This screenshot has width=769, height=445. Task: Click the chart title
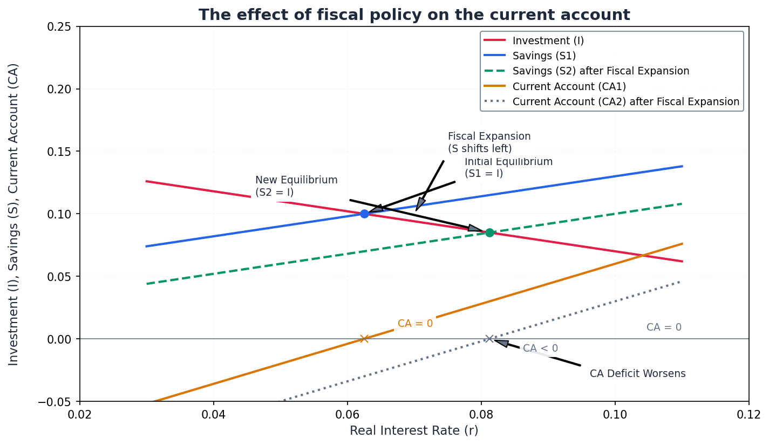pos(414,15)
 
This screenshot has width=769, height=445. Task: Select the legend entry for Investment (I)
pos(548,40)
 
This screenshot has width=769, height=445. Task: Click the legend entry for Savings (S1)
pos(544,56)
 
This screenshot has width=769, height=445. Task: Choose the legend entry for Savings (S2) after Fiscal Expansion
pos(601,71)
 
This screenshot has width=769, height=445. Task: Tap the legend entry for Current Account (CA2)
pos(625,101)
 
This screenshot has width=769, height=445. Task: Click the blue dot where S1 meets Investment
pos(364,214)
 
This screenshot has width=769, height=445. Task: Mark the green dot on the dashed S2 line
pos(489,232)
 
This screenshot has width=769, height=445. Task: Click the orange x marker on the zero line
pos(364,339)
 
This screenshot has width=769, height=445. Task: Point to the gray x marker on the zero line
pos(489,339)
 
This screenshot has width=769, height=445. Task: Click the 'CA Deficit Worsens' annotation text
pos(637,374)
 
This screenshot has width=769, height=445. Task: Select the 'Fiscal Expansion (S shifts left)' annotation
pos(489,142)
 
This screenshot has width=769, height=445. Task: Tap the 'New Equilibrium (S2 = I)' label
pos(296,186)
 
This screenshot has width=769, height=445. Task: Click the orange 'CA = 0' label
pos(415,324)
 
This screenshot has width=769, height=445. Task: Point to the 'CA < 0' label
pos(540,348)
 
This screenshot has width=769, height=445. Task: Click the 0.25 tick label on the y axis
pos(60,26)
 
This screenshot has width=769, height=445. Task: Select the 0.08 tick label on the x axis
pos(481,414)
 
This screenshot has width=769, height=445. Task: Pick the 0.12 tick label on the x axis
pos(748,414)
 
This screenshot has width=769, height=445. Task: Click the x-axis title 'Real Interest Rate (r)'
pos(414,430)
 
